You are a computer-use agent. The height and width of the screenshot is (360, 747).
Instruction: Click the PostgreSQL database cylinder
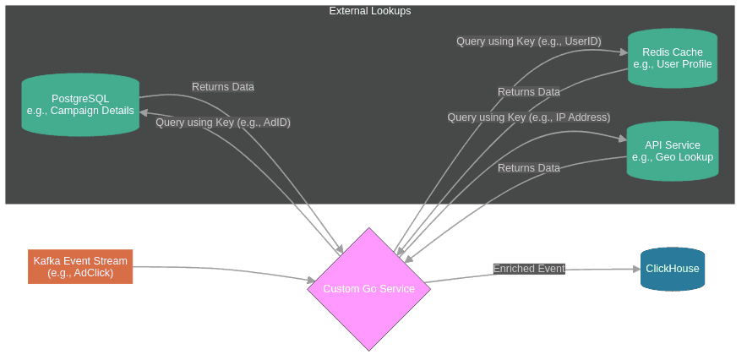click(80, 104)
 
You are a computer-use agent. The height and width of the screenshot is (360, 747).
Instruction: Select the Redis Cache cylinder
click(673, 58)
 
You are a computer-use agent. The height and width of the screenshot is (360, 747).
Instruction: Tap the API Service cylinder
click(673, 151)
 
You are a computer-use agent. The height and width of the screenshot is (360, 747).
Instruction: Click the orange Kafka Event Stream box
click(80, 266)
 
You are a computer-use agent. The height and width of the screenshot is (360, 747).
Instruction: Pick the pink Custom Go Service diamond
click(368, 289)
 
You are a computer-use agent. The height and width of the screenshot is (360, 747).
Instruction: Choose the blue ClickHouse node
click(673, 269)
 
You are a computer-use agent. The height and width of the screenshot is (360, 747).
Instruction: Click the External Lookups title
click(370, 11)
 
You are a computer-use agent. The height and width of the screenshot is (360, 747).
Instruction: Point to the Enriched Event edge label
click(529, 269)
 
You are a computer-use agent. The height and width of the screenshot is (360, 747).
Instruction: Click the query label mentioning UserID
click(528, 41)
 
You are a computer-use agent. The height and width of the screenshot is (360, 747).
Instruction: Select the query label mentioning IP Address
click(528, 117)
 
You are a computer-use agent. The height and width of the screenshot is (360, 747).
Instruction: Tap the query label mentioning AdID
click(223, 123)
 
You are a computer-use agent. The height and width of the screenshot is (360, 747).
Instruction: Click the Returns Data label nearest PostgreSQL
click(223, 87)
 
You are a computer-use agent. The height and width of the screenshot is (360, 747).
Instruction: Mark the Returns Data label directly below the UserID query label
click(528, 92)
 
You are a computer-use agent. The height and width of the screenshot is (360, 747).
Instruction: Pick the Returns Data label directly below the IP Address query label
click(528, 168)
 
